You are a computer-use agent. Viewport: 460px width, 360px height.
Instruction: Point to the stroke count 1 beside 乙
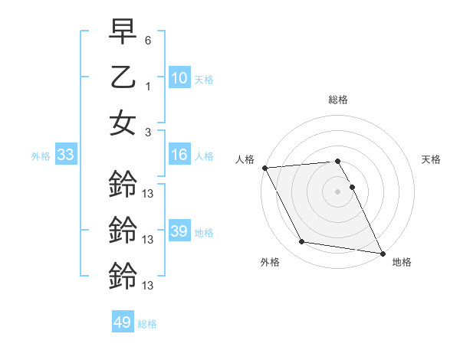click(148, 87)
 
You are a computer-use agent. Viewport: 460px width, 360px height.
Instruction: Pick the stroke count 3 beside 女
click(148, 132)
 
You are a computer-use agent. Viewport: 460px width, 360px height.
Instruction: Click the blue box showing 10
click(179, 77)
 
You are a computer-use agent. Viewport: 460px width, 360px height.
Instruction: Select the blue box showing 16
click(179, 155)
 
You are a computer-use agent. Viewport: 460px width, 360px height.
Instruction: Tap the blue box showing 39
click(179, 231)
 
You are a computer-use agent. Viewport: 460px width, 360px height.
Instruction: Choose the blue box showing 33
click(65, 155)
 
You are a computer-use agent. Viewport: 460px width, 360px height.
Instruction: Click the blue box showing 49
click(123, 322)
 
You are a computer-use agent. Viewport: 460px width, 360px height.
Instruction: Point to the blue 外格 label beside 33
click(41, 156)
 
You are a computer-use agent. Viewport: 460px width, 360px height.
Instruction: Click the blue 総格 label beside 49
click(147, 324)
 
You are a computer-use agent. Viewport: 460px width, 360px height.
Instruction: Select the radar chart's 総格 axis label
click(337, 100)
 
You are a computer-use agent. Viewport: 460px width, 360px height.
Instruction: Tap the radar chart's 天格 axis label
click(431, 159)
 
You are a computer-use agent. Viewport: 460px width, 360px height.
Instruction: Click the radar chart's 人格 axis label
click(246, 159)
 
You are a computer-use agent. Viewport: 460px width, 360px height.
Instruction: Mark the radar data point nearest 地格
click(382, 253)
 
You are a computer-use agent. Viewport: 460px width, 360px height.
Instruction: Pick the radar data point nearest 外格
click(301, 242)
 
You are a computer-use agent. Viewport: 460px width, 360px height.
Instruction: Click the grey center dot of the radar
click(337, 191)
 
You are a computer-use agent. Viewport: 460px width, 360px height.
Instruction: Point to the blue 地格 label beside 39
click(204, 232)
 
